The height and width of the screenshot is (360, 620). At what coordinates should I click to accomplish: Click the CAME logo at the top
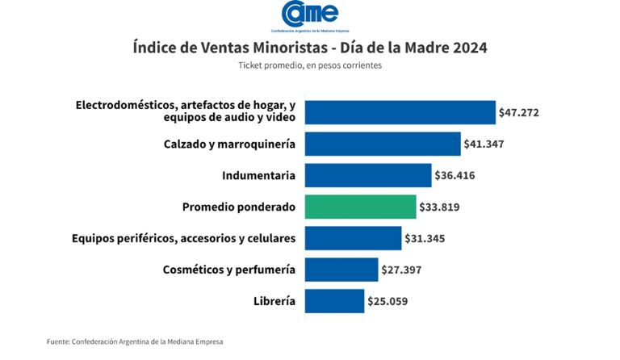(310, 15)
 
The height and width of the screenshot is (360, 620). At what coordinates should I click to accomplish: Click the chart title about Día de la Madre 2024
(310, 48)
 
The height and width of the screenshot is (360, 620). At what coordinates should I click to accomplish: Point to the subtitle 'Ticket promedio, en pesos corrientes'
(310, 65)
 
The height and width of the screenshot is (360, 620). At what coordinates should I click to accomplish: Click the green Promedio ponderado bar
(361, 207)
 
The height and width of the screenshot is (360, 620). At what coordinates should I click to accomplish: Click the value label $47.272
(519, 112)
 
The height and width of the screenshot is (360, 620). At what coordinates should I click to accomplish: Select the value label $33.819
(440, 207)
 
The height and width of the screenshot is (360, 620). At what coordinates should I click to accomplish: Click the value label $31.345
(425, 238)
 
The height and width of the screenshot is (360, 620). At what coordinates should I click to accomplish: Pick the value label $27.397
(402, 270)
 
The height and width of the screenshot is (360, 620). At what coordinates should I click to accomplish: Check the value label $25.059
(388, 301)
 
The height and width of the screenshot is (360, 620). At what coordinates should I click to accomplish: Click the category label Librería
(274, 301)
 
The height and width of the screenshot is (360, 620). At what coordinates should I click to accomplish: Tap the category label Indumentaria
(258, 175)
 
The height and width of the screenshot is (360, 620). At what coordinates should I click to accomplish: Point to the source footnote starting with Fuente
(135, 341)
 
